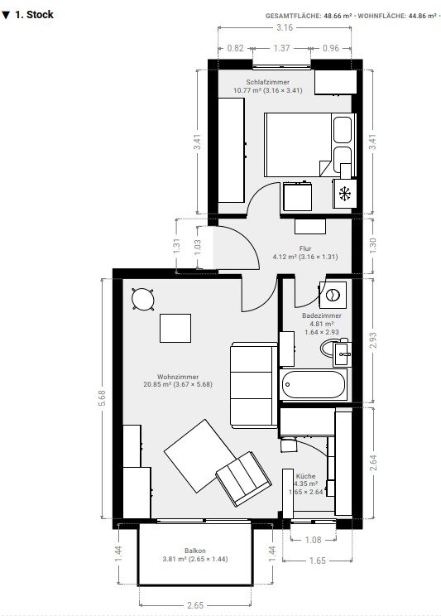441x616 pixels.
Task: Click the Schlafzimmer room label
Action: tap(261, 82)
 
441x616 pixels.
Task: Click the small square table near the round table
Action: tap(175, 329)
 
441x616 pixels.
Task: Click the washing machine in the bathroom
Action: tap(332, 295)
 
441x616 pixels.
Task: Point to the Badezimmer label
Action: tap(322, 315)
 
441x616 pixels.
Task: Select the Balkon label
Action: tap(194, 551)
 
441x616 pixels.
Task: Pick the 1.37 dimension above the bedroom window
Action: tap(282, 48)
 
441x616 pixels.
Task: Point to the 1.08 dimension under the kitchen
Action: tap(314, 540)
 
